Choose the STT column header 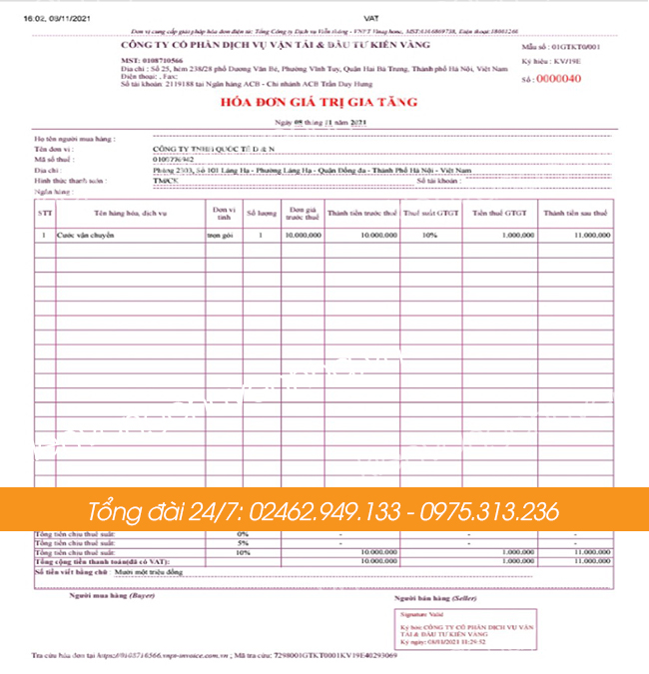pyautogui.click(x=45, y=213)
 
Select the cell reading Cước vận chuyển pyautogui.click(x=86, y=237)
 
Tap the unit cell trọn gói pyautogui.click(x=220, y=237)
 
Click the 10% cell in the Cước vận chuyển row pyautogui.click(x=428, y=237)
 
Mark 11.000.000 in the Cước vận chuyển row pyautogui.click(x=590, y=237)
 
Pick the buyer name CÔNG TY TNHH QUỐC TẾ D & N pyautogui.click(x=214, y=147)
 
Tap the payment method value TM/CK pyautogui.click(x=166, y=180)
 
